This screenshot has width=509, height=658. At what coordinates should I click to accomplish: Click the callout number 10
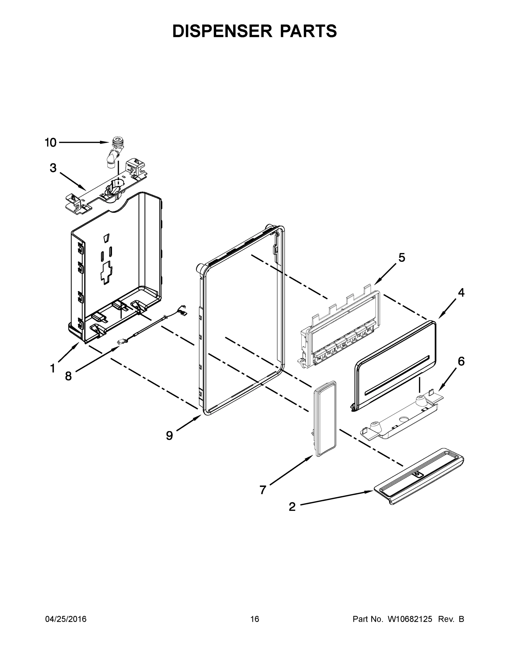[51, 143]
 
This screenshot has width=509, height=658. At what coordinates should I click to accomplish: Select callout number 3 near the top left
[53, 168]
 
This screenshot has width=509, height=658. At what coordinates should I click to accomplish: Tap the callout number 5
[402, 258]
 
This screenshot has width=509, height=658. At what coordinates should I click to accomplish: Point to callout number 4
[461, 292]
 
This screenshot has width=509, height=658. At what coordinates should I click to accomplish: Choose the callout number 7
[263, 490]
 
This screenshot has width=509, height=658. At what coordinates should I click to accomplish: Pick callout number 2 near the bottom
[292, 507]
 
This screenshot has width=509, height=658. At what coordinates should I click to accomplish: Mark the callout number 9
[170, 435]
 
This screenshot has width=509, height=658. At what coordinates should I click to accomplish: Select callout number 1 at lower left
[52, 368]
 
